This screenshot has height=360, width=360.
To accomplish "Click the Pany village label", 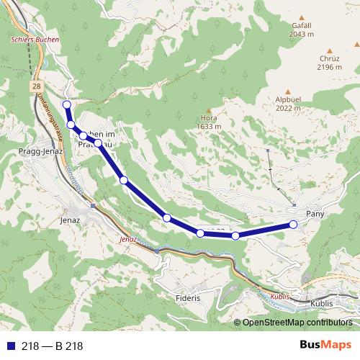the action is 316,214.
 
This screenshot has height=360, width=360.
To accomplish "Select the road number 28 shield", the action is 36,86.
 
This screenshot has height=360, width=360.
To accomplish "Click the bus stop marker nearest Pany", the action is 293,225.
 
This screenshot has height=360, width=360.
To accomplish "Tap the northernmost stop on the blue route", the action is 67,105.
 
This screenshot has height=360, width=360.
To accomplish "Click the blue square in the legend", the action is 9,346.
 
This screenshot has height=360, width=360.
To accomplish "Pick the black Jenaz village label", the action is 71,220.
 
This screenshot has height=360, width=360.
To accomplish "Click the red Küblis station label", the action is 282,296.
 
